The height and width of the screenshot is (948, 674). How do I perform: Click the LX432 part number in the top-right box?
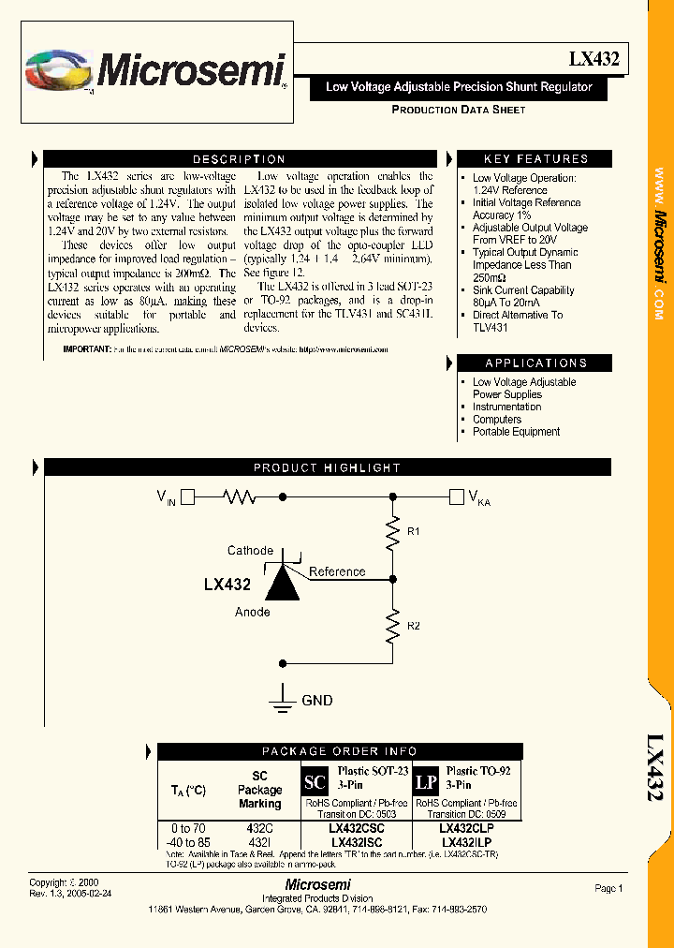[593, 59]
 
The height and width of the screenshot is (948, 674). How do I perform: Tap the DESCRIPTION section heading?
[239, 159]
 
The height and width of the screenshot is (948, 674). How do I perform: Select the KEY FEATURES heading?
[535, 159]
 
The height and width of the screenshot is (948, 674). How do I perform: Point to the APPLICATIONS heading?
[535, 363]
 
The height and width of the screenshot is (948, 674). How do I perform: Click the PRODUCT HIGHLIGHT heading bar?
[327, 467]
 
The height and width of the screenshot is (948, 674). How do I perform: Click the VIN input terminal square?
[187, 496]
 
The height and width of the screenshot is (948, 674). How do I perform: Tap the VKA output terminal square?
[457, 496]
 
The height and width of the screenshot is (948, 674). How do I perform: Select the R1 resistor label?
[413, 532]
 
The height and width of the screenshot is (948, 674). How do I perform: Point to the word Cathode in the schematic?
[250, 551]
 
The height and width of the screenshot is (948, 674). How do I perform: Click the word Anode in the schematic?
[252, 612]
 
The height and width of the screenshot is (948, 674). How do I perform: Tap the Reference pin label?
[337, 571]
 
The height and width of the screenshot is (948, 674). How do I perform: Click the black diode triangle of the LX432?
[284, 584]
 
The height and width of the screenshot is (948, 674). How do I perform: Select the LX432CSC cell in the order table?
[356, 829]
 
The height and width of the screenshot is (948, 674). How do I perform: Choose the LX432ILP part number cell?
[467, 842]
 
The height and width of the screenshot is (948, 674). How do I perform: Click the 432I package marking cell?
[259, 842]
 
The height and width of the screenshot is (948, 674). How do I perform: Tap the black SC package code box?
[315, 782]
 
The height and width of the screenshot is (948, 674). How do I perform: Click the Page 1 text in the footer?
[608, 888]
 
